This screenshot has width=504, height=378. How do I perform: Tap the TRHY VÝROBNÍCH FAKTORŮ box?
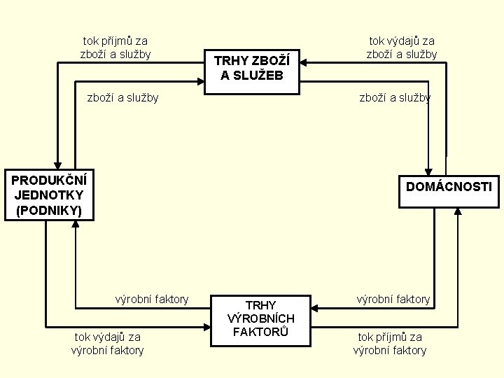(x=260, y=319)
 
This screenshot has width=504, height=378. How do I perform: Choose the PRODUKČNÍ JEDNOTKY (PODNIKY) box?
(x=49, y=195)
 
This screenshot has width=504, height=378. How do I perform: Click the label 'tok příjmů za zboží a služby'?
(x=115, y=48)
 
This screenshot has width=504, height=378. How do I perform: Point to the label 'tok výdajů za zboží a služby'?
(x=402, y=48)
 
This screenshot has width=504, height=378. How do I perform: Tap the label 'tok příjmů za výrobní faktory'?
(x=390, y=343)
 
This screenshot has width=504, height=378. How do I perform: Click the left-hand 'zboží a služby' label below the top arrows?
(x=122, y=97)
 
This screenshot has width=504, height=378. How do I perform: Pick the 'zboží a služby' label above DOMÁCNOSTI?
(x=395, y=97)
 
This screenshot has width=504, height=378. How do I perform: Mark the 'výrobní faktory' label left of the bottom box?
(x=152, y=299)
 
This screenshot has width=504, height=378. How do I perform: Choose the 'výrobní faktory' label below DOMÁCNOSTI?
(x=393, y=299)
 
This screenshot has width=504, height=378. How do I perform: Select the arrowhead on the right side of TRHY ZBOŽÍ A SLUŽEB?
(x=304, y=63)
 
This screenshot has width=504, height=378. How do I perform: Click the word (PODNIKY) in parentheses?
(x=48, y=210)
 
